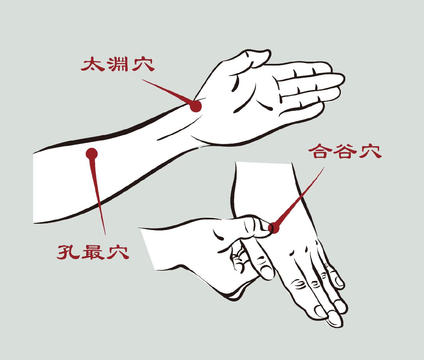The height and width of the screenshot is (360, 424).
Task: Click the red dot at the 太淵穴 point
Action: [195, 106]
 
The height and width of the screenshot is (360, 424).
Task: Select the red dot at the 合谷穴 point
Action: [275, 228]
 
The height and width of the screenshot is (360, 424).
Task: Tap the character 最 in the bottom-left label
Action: [93, 252]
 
